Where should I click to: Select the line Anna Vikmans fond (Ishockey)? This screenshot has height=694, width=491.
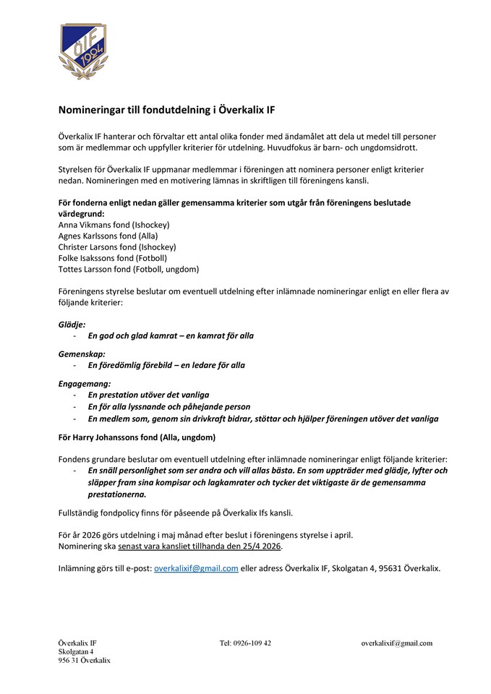(114, 225)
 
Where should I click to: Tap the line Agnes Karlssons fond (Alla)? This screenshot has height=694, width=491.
(108, 236)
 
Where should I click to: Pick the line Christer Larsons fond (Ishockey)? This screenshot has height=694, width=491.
(117, 247)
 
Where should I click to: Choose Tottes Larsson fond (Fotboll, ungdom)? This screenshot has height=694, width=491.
(128, 269)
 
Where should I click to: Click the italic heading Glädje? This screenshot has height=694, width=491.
(72, 325)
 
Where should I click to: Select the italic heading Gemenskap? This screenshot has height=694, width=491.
(82, 354)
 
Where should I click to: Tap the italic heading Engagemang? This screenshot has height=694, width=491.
(85, 383)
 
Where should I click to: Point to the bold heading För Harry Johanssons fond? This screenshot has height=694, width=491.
(137, 437)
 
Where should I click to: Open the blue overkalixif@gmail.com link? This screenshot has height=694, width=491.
(196, 568)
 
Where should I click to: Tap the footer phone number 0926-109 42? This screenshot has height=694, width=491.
(245, 643)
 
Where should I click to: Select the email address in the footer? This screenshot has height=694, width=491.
(396, 643)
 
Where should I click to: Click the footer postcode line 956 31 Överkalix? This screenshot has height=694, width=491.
(84, 660)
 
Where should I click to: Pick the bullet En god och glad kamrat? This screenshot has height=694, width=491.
(171, 336)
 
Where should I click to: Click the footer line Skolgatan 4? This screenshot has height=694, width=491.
(77, 651)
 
